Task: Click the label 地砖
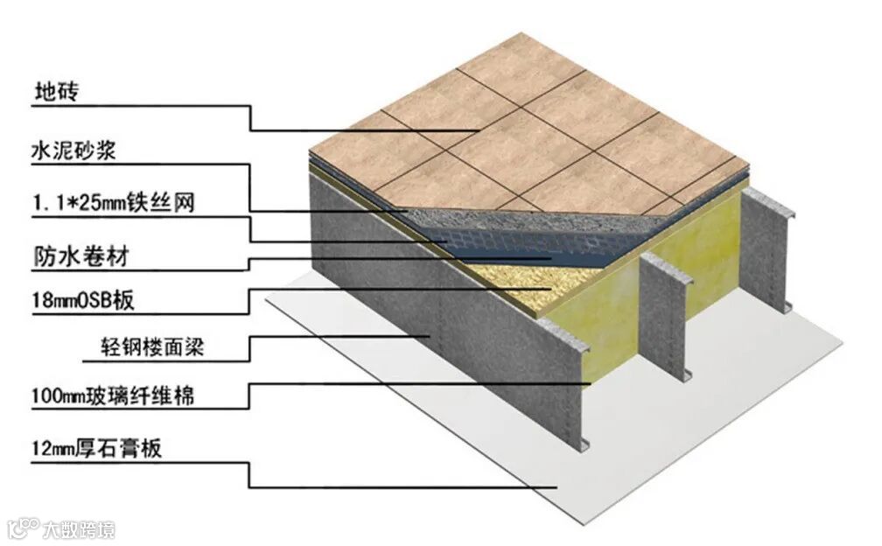click(55, 92)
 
